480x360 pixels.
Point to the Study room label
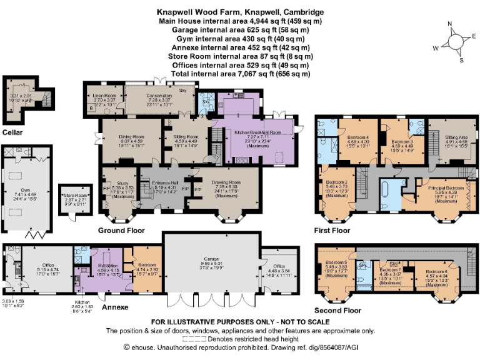click(118, 182)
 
